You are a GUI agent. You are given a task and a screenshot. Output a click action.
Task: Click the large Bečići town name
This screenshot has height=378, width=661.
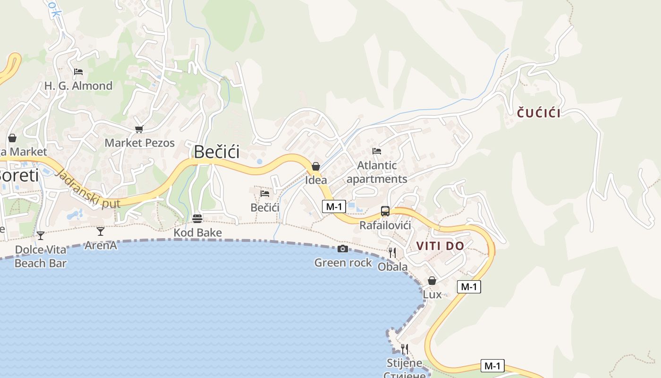(217, 152)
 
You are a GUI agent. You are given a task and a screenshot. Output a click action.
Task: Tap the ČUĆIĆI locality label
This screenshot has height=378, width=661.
(539, 113)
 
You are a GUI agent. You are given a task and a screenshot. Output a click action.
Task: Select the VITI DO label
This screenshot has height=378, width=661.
(440, 246)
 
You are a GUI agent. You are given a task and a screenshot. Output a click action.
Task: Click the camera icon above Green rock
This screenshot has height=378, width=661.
(343, 249)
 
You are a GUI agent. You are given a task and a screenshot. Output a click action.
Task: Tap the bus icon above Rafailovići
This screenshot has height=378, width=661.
(385, 211)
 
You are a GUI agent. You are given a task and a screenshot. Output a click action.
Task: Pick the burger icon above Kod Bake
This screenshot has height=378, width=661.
(197, 219)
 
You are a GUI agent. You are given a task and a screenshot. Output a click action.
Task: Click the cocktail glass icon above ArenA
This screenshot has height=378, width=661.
(101, 232)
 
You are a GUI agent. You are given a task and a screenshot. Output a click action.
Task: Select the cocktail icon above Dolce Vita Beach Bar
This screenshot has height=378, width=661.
(41, 235)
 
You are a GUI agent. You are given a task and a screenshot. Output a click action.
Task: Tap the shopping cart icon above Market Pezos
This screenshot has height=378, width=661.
(139, 129)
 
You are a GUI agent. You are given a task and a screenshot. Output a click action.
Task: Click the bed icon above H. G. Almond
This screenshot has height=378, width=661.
(78, 72)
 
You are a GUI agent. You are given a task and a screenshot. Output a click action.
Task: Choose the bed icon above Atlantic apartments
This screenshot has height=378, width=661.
(377, 151)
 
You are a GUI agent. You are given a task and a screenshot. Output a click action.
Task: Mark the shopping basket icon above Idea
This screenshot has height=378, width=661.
(316, 166)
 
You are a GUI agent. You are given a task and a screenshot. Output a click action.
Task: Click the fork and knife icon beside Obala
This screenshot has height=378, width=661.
(392, 253)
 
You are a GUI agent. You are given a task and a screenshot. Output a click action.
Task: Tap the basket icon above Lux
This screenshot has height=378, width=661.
(432, 281)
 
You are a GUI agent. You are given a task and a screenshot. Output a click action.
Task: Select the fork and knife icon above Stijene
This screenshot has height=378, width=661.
(405, 349)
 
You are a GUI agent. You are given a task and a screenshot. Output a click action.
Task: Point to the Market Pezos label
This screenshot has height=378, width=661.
(140, 143)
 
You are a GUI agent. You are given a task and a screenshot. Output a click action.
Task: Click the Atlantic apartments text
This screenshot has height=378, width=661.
(377, 172)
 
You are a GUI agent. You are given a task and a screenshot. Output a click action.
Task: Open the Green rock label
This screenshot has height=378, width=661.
(343, 263)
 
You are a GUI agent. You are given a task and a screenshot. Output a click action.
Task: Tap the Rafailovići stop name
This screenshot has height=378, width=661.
(385, 225)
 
